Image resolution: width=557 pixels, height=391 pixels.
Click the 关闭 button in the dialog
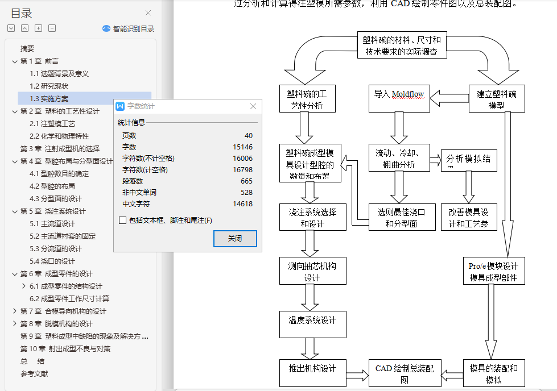[x=235, y=239]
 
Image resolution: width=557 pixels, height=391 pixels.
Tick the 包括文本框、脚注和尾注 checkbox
[x=123, y=221]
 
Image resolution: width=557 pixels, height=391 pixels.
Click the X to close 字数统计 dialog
[x=253, y=106]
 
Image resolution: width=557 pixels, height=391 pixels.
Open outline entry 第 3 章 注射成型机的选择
[x=60, y=148]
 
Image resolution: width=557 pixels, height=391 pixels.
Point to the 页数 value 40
[x=248, y=135]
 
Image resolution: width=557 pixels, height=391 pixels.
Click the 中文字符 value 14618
[x=242, y=203]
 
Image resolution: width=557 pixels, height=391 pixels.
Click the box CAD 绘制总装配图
[x=405, y=373]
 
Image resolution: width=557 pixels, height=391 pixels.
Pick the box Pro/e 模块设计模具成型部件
[x=493, y=272]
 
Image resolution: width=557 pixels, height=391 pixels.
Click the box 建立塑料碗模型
[x=496, y=98]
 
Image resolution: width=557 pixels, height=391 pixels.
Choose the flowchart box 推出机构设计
[x=312, y=373]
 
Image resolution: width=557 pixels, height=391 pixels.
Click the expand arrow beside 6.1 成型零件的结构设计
[x=23, y=286]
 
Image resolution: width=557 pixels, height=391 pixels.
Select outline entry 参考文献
[x=34, y=373]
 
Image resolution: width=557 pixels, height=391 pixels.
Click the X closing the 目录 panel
[x=148, y=13]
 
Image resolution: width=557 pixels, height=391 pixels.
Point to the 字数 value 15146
[x=242, y=147]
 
